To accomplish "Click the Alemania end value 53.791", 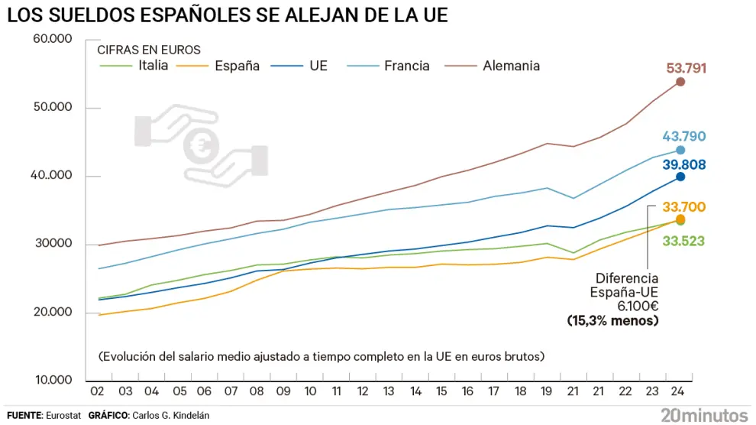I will click(x=686, y=68).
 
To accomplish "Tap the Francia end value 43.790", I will click(x=683, y=137).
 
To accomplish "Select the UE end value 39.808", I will click(x=683, y=165).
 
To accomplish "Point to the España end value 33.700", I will click(x=683, y=206).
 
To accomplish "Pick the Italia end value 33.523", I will click(x=683, y=241).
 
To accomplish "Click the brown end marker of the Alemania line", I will click(x=680, y=82).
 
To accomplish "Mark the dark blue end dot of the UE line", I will click(x=680, y=177).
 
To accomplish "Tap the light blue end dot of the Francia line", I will click(x=680, y=150).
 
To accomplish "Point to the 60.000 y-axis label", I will click(x=52, y=40).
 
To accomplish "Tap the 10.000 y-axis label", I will click(x=52, y=381).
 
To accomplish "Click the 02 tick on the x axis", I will click(x=98, y=391).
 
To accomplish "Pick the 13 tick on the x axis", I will click(x=389, y=391).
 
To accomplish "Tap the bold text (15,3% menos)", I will click(x=612, y=320).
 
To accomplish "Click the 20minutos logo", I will click(x=703, y=414).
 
